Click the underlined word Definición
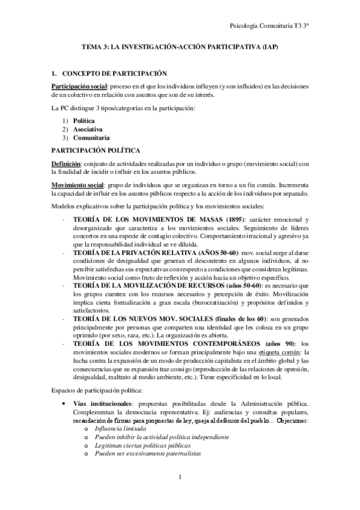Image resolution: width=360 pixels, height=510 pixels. pyautogui.click(x=66, y=162)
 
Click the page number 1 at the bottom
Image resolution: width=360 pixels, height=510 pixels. pyautogui.click(x=180, y=478)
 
